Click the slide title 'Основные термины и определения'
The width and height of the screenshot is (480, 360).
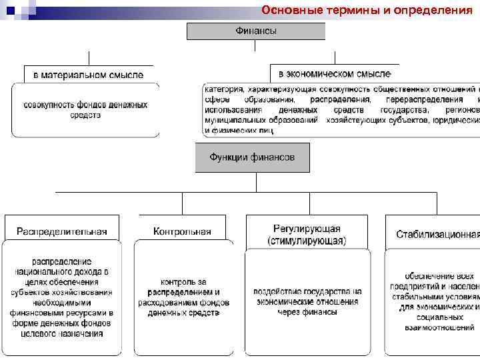[367, 10]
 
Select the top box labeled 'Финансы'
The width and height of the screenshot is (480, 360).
[256, 31]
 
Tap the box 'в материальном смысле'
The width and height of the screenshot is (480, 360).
[88, 74]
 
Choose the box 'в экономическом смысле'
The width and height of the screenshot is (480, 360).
[334, 73]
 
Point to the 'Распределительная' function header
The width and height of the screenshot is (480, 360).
[61, 232]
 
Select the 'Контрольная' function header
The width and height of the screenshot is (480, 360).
[182, 232]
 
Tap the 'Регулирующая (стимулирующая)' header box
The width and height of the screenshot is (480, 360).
[307, 233]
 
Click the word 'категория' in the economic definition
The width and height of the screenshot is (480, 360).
[223, 89]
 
